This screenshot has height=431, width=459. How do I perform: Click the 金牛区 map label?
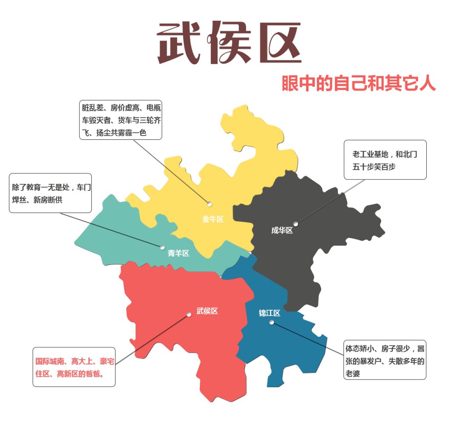tap(212, 219)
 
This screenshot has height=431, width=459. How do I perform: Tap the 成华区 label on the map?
tap(282, 230)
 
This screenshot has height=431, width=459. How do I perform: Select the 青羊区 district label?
tap(178, 253)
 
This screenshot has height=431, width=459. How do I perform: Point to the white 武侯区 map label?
tap(207, 311)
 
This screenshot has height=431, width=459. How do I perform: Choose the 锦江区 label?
tap(269, 313)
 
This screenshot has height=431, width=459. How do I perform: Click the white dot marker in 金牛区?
tap(209, 204)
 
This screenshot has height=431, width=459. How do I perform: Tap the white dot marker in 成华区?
tap(295, 224)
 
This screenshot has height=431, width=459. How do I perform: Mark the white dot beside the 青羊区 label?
tap(162, 247)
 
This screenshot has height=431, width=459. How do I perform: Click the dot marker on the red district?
tap(189, 315)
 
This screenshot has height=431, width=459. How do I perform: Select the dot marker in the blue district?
tap(272, 322)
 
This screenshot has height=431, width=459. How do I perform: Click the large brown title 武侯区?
tap(229, 43)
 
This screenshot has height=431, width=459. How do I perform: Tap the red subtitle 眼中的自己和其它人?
tap(359, 84)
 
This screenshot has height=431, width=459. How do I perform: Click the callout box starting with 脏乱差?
tap(121, 120)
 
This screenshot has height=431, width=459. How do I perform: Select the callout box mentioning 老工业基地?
tap(385, 160)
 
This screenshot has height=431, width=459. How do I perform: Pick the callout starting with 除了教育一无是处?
tap(50, 193)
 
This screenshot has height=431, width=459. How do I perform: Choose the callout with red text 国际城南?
tap(74, 367)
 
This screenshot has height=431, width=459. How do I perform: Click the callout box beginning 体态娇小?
tap(385, 360)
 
